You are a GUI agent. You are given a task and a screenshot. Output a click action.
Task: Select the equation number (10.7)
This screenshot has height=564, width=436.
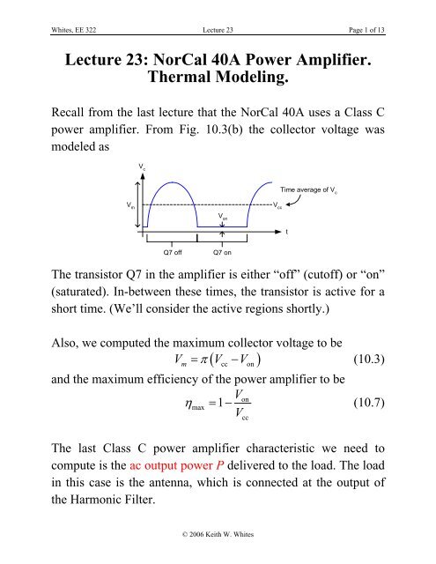coord(375,403)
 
